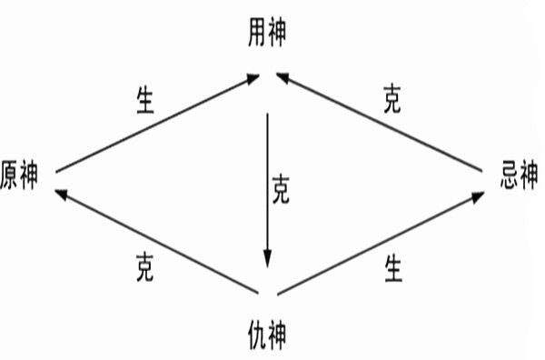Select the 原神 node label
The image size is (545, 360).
tap(19, 175)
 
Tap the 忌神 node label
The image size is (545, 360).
tap(519, 175)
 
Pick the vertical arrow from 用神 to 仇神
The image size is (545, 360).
tap(267, 182)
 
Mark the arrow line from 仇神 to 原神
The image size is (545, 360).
tap(154, 241)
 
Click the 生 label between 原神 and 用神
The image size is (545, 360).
tap(144, 99)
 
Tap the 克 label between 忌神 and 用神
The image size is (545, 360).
tap(391, 99)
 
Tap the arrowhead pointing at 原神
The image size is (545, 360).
tap(61, 194)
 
